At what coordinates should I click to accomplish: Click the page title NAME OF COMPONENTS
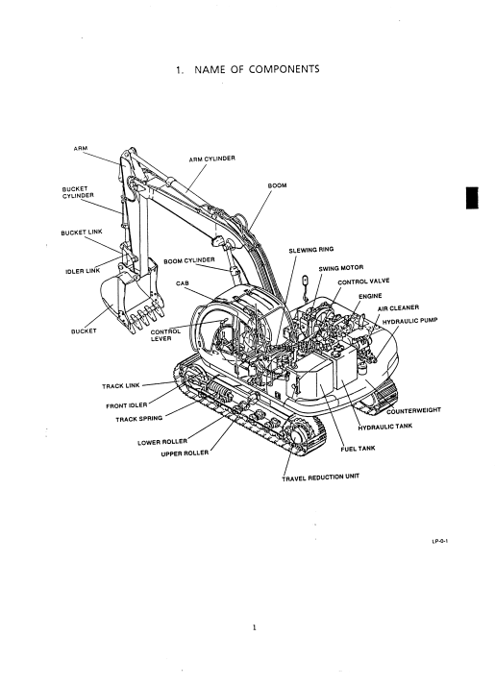click(257, 69)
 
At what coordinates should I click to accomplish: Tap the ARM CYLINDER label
click(211, 159)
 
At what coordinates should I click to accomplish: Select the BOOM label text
click(277, 185)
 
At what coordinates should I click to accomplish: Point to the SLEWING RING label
click(311, 250)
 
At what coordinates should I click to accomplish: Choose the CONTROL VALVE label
click(363, 281)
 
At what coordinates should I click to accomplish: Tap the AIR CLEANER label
click(398, 308)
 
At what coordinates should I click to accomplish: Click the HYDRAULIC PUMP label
click(409, 321)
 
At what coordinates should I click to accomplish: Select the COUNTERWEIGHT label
click(413, 410)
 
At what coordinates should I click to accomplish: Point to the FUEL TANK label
click(358, 449)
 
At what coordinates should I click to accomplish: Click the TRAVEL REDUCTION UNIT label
click(321, 477)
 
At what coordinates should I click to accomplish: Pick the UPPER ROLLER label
click(185, 453)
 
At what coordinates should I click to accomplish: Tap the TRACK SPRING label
click(139, 419)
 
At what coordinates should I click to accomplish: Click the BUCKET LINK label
click(82, 232)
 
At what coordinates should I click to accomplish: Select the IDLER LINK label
click(83, 271)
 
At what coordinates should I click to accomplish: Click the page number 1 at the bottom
click(255, 627)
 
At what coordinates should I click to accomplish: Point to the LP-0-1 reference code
click(440, 542)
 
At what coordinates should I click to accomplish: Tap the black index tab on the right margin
click(472, 198)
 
